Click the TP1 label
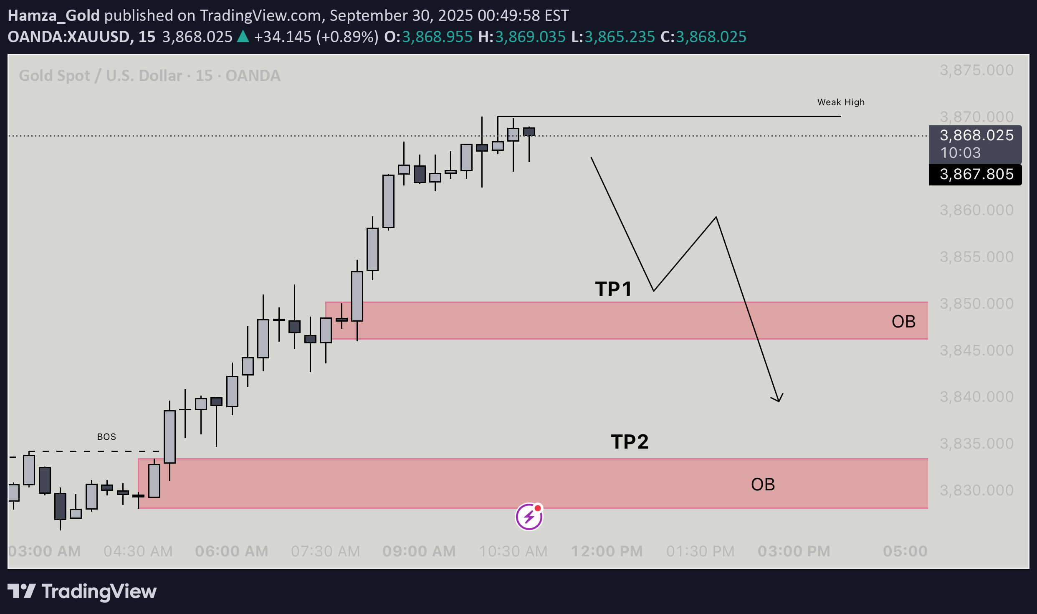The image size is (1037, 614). click(613, 289)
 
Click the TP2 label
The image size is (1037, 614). click(630, 442)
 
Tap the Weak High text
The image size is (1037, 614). click(840, 102)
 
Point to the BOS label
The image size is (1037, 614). click(106, 437)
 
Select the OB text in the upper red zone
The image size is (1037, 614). click(903, 322)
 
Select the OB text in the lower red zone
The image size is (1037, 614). click(763, 485)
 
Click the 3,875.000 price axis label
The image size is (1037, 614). click(976, 70)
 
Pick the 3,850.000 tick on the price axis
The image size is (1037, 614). click(976, 304)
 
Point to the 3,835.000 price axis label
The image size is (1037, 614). click(976, 444)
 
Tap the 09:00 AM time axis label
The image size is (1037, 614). click(419, 551)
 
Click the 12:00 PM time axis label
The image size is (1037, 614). click(607, 551)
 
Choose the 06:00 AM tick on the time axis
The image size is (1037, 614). click(231, 551)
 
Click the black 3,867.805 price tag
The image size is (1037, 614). click(976, 174)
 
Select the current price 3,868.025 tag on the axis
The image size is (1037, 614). click(976, 136)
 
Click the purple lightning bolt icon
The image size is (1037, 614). click(529, 517)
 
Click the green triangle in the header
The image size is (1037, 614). click(243, 37)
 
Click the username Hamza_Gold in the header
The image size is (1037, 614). click(53, 15)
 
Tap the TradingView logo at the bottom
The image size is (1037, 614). click(82, 591)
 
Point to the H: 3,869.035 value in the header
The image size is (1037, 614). click(530, 37)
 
